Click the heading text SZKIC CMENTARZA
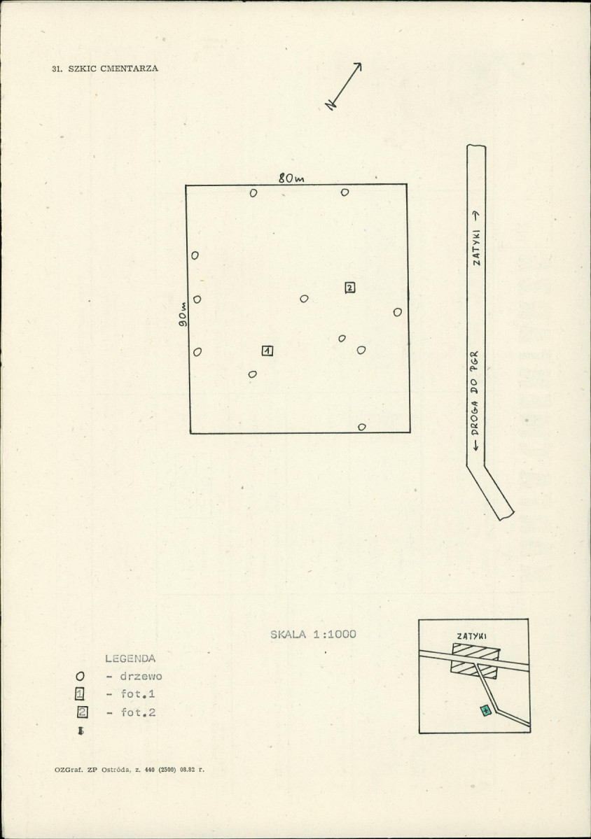pos(113,69)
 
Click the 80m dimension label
pos(291,178)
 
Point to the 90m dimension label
pos(183,315)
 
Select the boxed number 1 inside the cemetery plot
pos(267,351)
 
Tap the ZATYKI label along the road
pos(476,248)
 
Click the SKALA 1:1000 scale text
pos(313,634)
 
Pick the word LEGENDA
pos(130,658)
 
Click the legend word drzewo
pos(141,676)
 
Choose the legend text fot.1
pos(138,694)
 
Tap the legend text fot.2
pos(138,712)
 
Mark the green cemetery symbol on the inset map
pos(485,710)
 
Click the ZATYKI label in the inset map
pos(472,636)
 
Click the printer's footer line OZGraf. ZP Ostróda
pos(129,770)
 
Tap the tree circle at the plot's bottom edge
pos(362,427)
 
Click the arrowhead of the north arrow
pos(358,66)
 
